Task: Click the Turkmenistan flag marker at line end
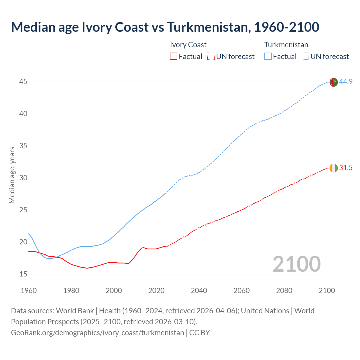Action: (x=333, y=82)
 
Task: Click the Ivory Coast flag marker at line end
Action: (x=333, y=168)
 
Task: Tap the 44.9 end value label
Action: (x=346, y=82)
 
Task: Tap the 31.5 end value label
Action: (x=346, y=168)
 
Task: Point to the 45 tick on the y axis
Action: (x=23, y=82)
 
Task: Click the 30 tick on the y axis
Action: (x=23, y=178)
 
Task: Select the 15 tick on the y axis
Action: (x=23, y=274)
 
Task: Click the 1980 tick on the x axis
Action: (x=71, y=291)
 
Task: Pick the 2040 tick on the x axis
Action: (x=199, y=291)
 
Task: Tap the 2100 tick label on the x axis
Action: (x=327, y=291)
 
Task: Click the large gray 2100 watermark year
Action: (x=296, y=264)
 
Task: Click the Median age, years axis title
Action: (x=12, y=175)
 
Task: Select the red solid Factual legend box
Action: (x=174, y=57)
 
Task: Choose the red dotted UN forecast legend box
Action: (x=211, y=57)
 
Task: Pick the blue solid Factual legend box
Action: (x=268, y=57)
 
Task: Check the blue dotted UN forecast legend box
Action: (x=305, y=57)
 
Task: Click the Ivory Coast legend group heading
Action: (x=188, y=45)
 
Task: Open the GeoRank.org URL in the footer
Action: (x=97, y=333)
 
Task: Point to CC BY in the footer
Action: (x=199, y=333)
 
